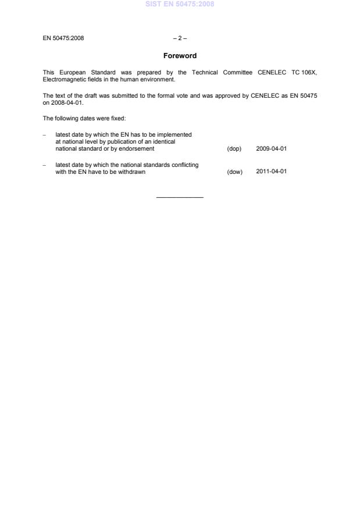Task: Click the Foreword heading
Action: (180, 56)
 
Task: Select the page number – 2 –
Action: (180, 39)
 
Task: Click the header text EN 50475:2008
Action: (63, 39)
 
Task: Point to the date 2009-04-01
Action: (272, 149)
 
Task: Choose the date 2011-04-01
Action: (272, 172)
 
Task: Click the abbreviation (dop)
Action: (234, 149)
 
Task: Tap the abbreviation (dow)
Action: (234, 172)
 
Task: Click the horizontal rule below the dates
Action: (180, 198)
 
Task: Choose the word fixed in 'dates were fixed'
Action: (101, 119)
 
